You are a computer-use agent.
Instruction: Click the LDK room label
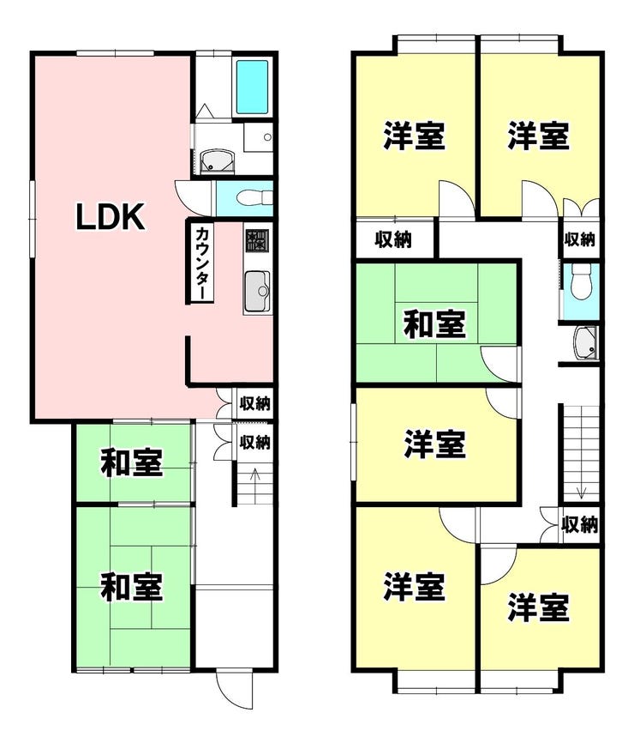point(111,217)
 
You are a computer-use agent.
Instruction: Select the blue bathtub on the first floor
point(252,87)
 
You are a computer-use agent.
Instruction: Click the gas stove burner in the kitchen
point(257,242)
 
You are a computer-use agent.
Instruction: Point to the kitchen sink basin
point(257,291)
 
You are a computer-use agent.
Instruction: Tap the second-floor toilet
point(581,282)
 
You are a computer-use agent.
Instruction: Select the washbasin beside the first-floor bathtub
point(216,162)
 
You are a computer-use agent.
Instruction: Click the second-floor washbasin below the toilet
point(585,342)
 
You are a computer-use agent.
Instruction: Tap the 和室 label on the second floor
point(435,324)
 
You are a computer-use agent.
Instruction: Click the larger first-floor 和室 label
point(132,587)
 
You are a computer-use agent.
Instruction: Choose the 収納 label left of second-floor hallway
point(393,239)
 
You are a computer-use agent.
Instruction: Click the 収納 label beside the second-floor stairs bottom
point(579,524)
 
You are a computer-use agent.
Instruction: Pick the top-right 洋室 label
point(538,136)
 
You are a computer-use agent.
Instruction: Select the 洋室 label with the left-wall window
point(435,444)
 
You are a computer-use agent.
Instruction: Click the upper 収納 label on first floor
point(255,404)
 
